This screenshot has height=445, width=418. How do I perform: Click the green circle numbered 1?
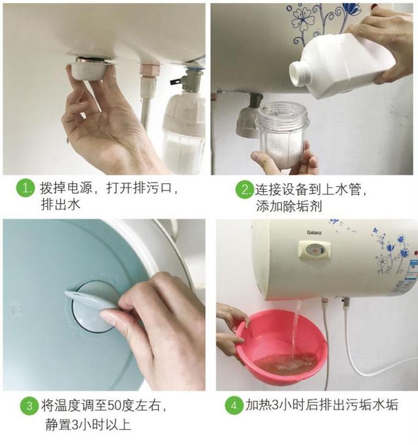tap(25, 190)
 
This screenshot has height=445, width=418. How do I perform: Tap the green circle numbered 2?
tap(244, 191)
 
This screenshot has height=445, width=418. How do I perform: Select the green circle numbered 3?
tap(28, 407)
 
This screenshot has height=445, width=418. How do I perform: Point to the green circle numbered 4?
tap(233, 405)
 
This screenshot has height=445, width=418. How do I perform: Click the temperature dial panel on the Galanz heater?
tap(315, 251)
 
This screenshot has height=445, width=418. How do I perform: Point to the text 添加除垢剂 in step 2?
tap(294, 207)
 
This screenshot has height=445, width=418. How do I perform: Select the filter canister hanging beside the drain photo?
tap(184, 130)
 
